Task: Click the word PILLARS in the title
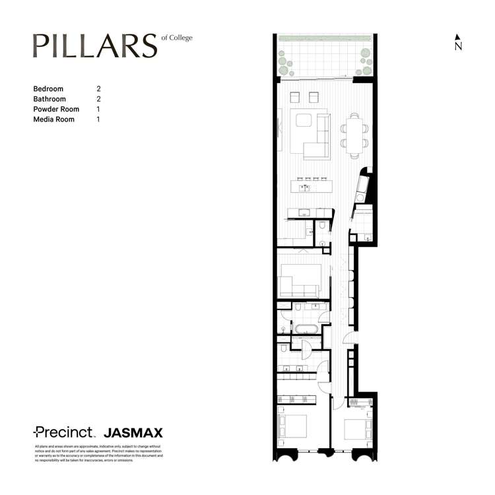pyautogui.click(x=95, y=46)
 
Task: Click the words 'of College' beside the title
pyautogui.click(x=177, y=38)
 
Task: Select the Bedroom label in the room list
pyautogui.click(x=48, y=88)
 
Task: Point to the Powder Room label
pyautogui.click(x=56, y=109)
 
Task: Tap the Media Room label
pyautogui.click(x=53, y=119)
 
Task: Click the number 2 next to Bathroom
pyautogui.click(x=98, y=99)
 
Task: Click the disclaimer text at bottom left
pyautogui.click(x=98, y=453)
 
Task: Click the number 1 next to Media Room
pyautogui.click(x=98, y=119)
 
